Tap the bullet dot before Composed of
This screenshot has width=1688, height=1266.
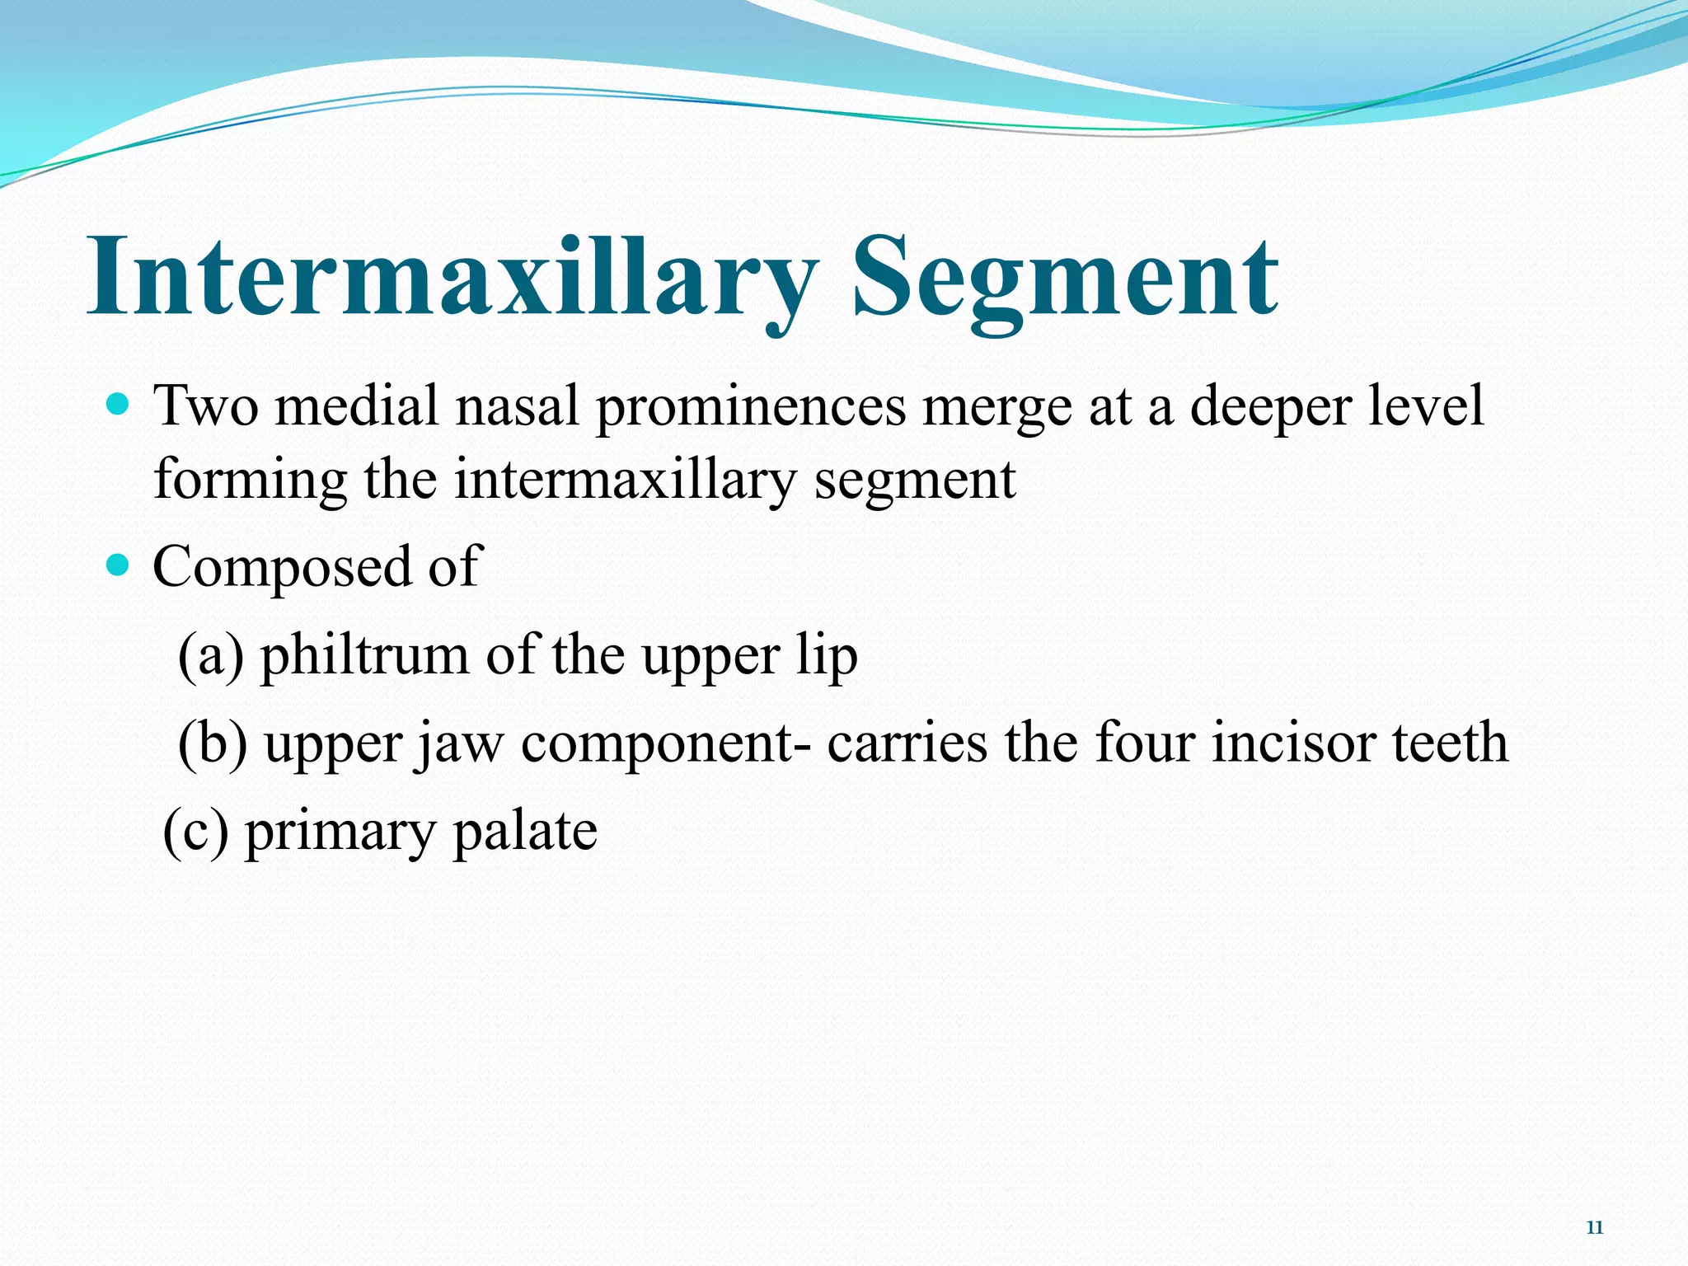click(119, 565)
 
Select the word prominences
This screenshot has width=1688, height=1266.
click(750, 408)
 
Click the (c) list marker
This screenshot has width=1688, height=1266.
click(195, 831)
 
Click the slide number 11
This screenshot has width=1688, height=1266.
click(1594, 1228)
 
